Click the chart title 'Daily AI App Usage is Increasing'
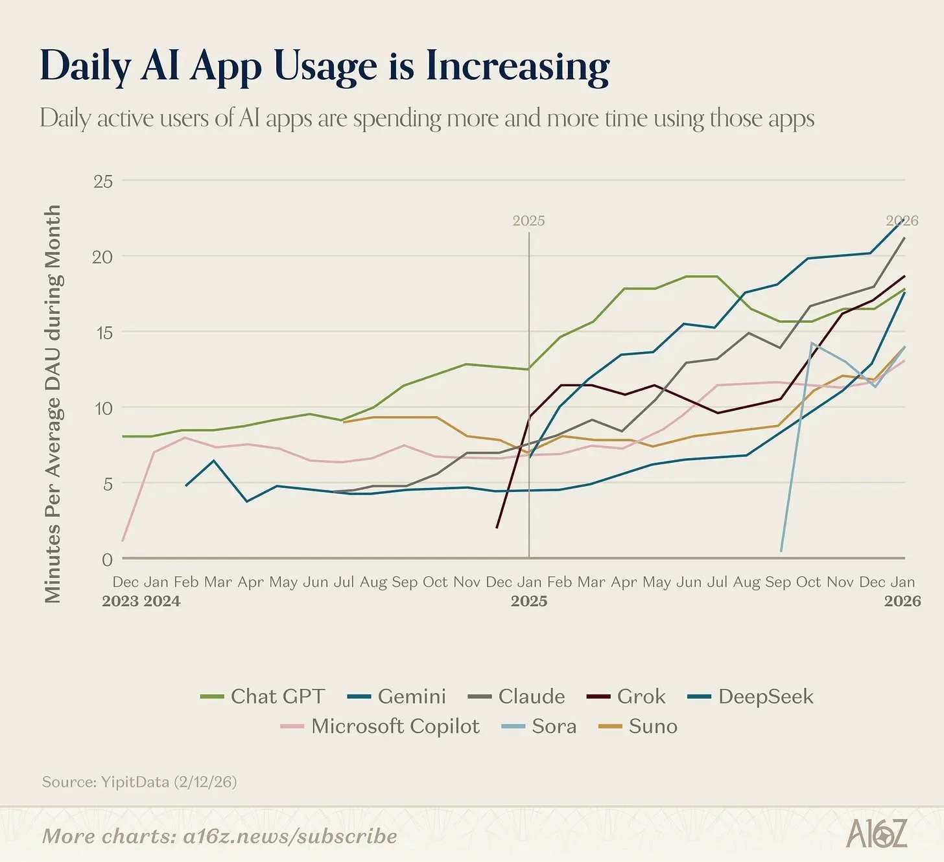pos(324,66)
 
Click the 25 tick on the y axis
pos(103,181)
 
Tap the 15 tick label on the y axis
pos(103,332)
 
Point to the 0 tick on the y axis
pos(107,559)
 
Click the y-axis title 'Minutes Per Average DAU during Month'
pos(53,403)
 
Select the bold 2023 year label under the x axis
pos(121,601)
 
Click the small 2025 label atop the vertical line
pos(528,221)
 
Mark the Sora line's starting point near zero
pos(781,551)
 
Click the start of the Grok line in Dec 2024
pos(497,528)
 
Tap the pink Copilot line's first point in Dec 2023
pos(123,541)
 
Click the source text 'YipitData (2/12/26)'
pos(169,782)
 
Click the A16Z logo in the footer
pos(877,833)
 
